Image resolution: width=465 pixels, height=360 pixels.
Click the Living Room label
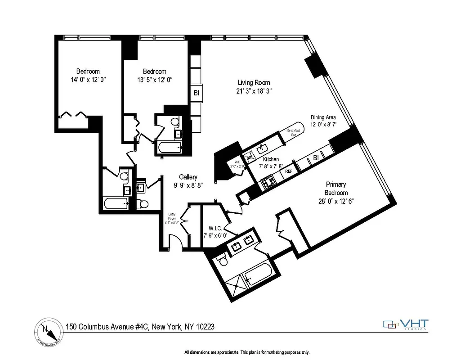[x=254, y=82]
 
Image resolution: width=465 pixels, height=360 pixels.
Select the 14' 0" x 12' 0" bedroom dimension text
[x=88, y=79]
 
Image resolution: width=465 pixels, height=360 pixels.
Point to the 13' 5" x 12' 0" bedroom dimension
[x=155, y=79]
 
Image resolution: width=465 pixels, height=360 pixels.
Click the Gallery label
[x=188, y=177]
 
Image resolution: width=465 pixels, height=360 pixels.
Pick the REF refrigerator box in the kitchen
[x=289, y=171]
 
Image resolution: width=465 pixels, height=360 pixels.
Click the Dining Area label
[x=323, y=117]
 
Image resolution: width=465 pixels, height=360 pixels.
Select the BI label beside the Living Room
[x=196, y=93]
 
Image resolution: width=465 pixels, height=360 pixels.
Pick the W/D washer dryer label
[x=237, y=164]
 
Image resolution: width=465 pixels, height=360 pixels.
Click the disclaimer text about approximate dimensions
[x=247, y=352]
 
